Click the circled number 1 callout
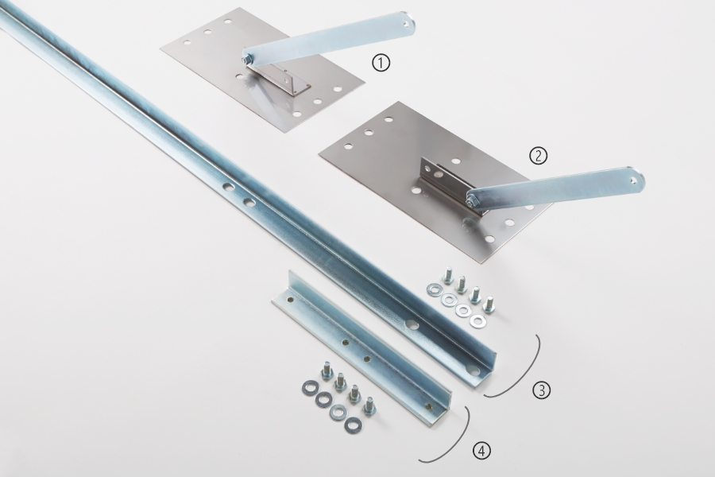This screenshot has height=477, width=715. pyautogui.click(x=381, y=63)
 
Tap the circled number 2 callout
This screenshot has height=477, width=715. pyautogui.click(x=538, y=156)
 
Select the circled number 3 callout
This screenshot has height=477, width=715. pyautogui.click(x=541, y=390)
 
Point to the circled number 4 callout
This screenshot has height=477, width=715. pyautogui.click(x=482, y=451)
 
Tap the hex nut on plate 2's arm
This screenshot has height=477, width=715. pyautogui.click(x=471, y=198)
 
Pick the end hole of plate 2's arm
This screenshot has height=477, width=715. pyautogui.click(x=633, y=180)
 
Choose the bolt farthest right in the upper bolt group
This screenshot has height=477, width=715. pyautogui.click(x=489, y=305)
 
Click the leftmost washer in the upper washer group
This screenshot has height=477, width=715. pyautogui.click(x=432, y=289)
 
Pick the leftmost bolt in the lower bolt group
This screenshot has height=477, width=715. pyautogui.click(x=327, y=370)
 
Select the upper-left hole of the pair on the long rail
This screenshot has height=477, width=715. pyautogui.click(x=226, y=186)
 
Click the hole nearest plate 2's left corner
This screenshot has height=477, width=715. pyautogui.click(x=348, y=146)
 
